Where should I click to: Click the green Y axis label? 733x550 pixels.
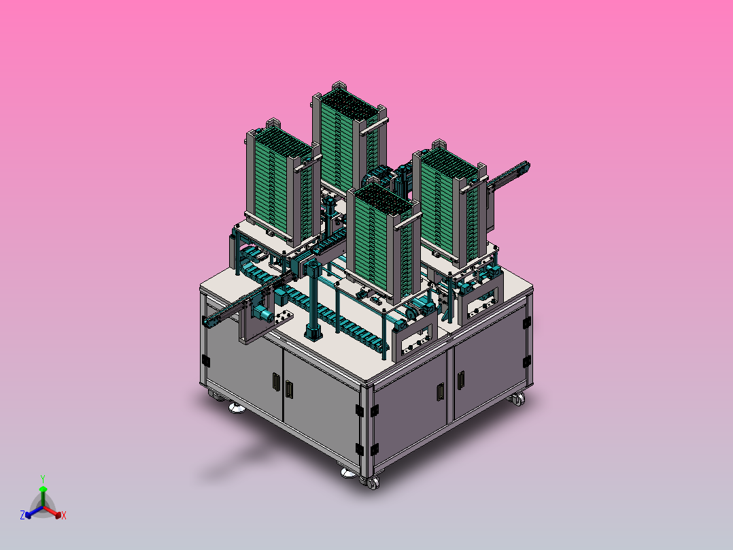43,479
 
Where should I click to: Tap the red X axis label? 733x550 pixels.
64,515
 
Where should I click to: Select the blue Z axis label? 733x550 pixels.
22,515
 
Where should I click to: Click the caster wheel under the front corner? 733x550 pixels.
372,483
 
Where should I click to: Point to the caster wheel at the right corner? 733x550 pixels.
518,400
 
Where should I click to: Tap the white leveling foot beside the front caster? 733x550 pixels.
348,473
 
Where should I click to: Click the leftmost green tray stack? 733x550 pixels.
284,182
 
